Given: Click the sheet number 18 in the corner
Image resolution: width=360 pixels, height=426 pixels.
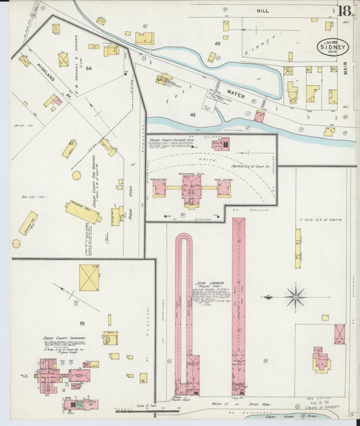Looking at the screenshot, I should pyautogui.click(x=344, y=11).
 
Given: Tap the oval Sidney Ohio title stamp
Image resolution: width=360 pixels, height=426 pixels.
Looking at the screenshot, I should pyautogui.click(x=333, y=47).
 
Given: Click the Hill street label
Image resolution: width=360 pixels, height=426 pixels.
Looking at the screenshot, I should pyautogui.click(x=262, y=11).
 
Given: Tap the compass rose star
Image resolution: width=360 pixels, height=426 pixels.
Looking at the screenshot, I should pyautogui.click(x=295, y=296).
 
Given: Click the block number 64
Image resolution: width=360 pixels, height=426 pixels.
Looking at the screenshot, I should pyautogui.click(x=88, y=68).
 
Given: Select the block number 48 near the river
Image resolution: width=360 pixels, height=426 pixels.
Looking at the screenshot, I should pyautogui.click(x=192, y=115).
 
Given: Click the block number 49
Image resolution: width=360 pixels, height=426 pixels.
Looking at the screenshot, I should pyautogui.click(x=217, y=44).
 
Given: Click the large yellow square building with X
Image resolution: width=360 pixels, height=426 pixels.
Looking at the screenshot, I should pyautogui.click(x=88, y=277).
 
